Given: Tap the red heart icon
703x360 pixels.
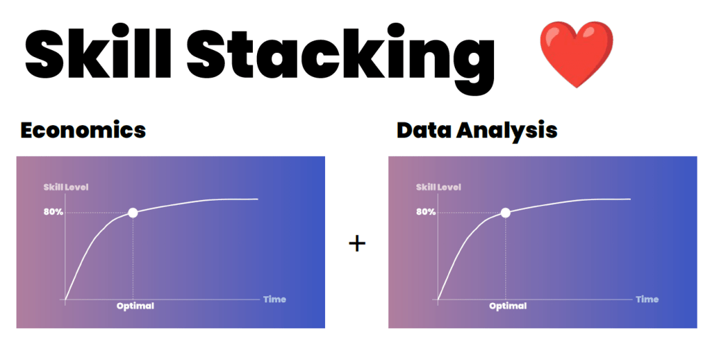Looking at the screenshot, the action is click(x=576, y=54).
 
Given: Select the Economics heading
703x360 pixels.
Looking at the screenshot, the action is click(x=83, y=130).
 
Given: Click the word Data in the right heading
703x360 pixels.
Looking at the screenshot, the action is click(x=424, y=130).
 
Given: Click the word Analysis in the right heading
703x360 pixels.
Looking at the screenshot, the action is click(x=507, y=131).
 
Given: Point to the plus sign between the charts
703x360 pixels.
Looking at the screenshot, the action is click(x=357, y=243).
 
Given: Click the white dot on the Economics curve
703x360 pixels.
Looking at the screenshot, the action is click(x=133, y=212).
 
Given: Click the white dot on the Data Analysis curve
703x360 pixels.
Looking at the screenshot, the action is click(x=505, y=212).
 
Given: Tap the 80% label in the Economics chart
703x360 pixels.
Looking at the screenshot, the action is click(x=54, y=212).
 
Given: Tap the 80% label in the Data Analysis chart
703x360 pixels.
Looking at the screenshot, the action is click(x=426, y=212).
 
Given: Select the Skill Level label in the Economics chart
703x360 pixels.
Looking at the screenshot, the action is click(x=66, y=187).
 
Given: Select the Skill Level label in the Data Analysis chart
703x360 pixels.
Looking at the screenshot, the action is click(x=438, y=187).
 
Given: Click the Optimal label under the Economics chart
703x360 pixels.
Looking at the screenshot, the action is click(x=135, y=306).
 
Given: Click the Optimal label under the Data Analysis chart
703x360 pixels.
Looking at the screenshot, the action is click(x=508, y=306).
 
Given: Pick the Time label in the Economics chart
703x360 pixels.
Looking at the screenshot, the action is click(x=275, y=299).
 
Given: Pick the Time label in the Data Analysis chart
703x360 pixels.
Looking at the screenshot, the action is click(x=647, y=299).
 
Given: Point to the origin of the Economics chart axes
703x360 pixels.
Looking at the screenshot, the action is click(x=65, y=299).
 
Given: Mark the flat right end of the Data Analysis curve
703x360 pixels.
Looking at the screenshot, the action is click(x=630, y=199).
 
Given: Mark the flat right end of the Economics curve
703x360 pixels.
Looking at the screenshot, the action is click(x=258, y=199).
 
